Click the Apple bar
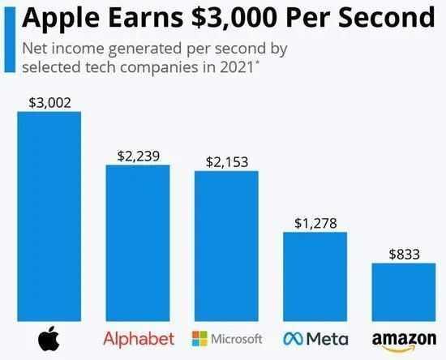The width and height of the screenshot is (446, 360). (x=49, y=216)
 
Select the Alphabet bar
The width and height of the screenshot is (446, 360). (x=138, y=243)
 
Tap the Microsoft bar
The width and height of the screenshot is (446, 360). (x=226, y=246)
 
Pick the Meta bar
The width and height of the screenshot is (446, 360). (x=315, y=276)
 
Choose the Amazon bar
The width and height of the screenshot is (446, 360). (x=404, y=293)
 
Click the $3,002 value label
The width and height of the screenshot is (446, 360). (x=49, y=103)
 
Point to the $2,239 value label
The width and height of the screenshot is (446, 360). (x=139, y=156)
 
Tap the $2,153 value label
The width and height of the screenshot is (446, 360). (x=227, y=162)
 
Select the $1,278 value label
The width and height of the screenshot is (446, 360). (x=315, y=223)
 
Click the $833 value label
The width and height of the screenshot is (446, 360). (x=404, y=255)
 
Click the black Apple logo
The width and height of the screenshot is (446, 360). (x=49, y=338)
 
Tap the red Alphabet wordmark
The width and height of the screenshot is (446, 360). (x=139, y=339)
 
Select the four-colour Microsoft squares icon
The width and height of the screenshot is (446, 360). (x=199, y=338)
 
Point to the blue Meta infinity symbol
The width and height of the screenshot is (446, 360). (x=293, y=339)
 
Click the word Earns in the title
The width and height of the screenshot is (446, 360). (x=145, y=18)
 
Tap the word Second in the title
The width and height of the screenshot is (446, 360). (x=387, y=18)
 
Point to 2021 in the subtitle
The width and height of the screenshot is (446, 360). (x=236, y=67)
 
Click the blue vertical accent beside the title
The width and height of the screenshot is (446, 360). (x=10, y=39)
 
